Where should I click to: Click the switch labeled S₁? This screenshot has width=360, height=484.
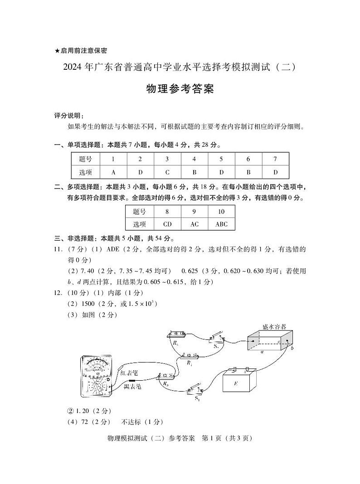point(197,392)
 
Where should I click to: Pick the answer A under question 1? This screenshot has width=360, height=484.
point(113,172)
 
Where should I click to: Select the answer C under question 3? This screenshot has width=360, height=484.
point(167,172)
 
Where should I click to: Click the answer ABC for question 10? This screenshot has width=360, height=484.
point(221,224)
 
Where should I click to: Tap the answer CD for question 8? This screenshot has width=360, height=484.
point(167,224)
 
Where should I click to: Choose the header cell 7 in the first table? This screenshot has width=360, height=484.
point(275,159)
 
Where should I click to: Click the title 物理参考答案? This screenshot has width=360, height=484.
point(180,89)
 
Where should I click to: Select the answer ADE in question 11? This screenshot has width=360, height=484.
point(113,249)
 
